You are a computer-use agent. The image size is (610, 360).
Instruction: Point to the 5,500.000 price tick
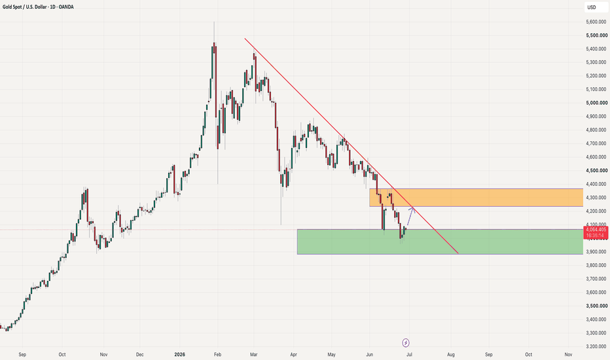(596, 35)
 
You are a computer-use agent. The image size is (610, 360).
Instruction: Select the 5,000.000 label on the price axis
(596, 103)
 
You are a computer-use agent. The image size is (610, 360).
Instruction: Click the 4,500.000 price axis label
(596, 170)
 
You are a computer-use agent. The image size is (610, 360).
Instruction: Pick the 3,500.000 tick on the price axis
(596, 306)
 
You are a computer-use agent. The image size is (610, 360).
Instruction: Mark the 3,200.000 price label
(596, 346)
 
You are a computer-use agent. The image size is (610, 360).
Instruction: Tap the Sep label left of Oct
(22, 355)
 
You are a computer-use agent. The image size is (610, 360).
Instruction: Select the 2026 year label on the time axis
(180, 355)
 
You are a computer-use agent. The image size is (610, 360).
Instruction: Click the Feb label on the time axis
(217, 355)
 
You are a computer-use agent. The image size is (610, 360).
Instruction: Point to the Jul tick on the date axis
(409, 355)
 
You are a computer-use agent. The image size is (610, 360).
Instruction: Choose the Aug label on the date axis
(451, 355)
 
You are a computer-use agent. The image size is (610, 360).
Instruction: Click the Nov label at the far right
(568, 355)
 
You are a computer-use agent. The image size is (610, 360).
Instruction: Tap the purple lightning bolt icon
(406, 343)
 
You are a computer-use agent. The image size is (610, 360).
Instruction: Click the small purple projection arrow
(410, 217)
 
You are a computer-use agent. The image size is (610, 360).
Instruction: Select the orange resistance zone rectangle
(476, 197)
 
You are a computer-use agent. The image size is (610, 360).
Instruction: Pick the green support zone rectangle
(440, 242)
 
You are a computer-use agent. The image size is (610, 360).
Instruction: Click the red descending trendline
(351, 146)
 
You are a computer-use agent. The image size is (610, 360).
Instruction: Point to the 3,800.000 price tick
(596, 266)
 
